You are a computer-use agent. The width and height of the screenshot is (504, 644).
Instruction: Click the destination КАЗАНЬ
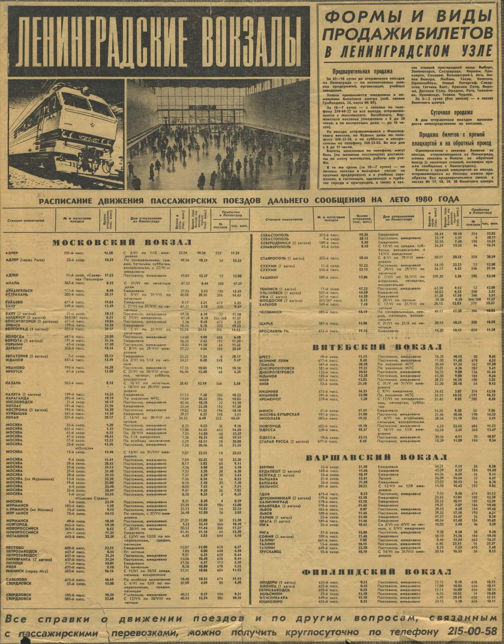16,383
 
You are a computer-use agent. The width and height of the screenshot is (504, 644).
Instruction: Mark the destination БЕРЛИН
268,466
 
